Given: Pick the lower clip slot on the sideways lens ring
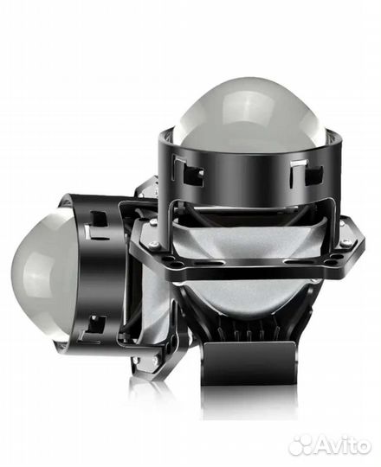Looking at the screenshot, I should (x=95, y=326).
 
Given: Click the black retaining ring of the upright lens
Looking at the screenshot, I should (x=242, y=173).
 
